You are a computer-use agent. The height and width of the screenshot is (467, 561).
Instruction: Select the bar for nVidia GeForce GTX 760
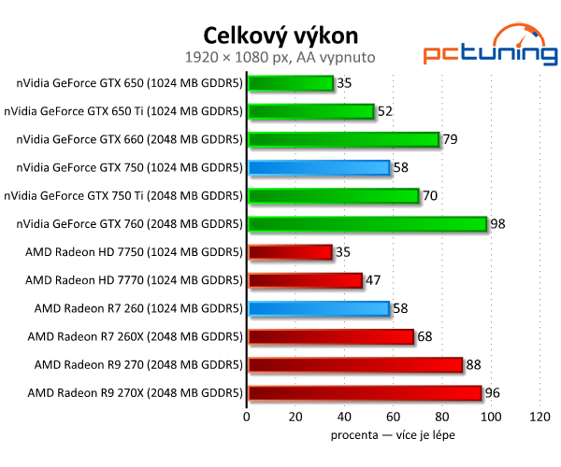pos(367,224)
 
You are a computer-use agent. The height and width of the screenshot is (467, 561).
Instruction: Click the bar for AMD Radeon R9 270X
pos(364,393)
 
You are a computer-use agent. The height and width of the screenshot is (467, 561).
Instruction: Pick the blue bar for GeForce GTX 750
pos(318,168)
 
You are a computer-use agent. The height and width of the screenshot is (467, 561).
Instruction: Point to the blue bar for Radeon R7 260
pos(318,308)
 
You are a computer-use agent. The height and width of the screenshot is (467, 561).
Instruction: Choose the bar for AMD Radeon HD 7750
pos(290,252)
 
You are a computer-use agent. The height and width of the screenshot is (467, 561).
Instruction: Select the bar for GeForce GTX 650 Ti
pos(310,112)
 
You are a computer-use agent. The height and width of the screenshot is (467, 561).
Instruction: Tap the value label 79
pos(453,140)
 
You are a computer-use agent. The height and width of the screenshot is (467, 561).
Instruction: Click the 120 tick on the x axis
pos(539,417)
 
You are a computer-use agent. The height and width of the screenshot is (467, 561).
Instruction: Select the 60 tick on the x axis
pos(393,417)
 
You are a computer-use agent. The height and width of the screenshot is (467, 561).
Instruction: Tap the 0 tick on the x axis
pos(246,417)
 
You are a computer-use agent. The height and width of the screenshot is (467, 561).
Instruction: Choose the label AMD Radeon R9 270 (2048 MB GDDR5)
pos(135,364)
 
